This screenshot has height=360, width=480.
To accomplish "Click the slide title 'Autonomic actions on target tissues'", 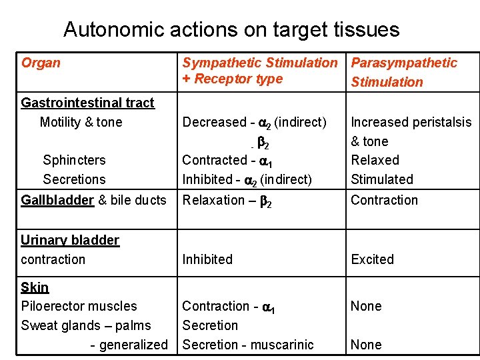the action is (231, 30).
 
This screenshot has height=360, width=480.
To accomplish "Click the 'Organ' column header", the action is (41, 63).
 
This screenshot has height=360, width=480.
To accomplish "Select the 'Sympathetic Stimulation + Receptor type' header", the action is (260, 71).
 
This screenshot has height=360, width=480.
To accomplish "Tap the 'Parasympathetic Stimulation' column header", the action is (404, 72).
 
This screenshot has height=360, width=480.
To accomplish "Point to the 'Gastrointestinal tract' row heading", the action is (87, 103).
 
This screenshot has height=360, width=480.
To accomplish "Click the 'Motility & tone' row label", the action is (81, 122).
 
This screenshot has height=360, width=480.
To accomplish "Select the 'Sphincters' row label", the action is (74, 160).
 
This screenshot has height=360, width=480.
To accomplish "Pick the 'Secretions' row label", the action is (74, 179).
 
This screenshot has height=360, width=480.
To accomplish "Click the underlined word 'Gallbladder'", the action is (57, 200).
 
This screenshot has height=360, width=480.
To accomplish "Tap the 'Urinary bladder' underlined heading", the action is (70, 240).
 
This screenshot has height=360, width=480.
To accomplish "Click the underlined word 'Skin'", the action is (35, 287).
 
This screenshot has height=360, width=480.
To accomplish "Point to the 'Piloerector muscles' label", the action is (79, 306).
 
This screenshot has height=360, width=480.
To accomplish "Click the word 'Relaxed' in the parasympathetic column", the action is (375, 160).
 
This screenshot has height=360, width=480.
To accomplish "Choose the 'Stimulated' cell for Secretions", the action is (382, 179).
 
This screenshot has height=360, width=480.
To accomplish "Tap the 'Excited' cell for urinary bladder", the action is (372, 259).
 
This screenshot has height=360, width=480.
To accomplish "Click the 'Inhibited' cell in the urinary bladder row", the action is (207, 259).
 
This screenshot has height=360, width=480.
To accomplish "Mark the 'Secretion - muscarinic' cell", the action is (248, 345).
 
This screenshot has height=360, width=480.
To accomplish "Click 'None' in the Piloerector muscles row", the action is (366, 306).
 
